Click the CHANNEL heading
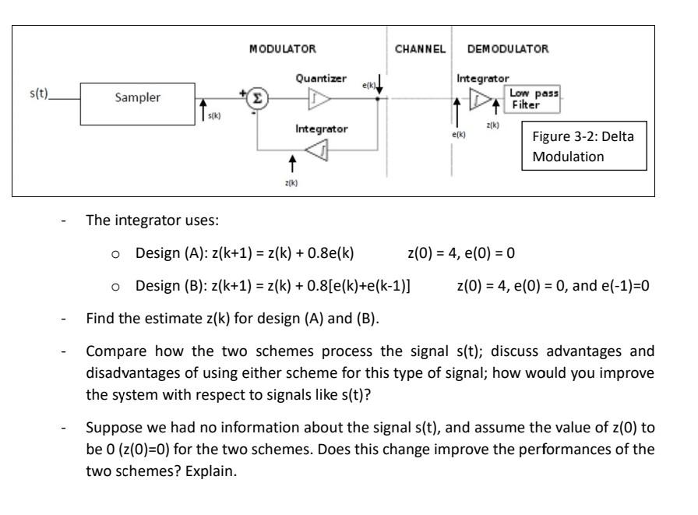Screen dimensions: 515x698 (x=420, y=48)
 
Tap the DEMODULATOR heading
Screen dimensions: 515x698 (x=508, y=48)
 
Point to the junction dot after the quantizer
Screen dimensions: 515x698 (x=378, y=99)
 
